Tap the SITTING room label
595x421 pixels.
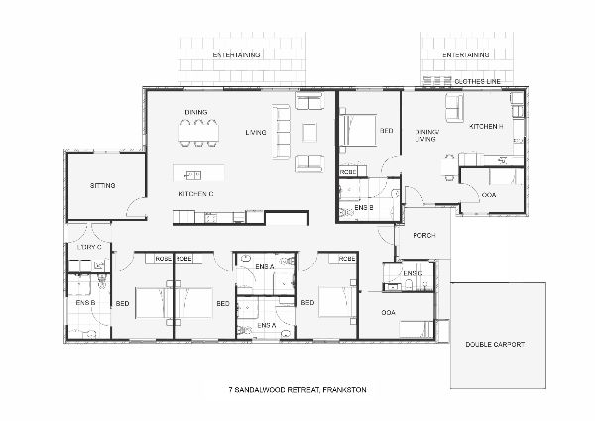(x=102, y=185)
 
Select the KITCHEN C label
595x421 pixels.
(x=197, y=194)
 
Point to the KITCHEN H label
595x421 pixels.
(x=486, y=128)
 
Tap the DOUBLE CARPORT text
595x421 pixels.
(x=495, y=344)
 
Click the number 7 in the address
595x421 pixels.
(x=230, y=390)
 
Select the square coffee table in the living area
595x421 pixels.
(x=308, y=131)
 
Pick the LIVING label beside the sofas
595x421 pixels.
(x=256, y=131)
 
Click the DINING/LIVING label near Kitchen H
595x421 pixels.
(x=427, y=135)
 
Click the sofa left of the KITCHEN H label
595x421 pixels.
(x=453, y=108)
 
